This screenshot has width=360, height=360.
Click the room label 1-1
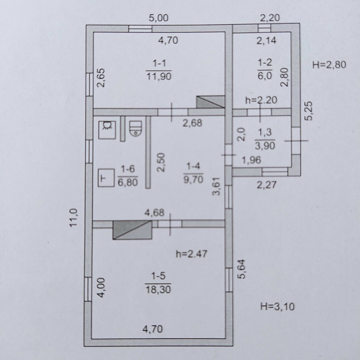[159, 63]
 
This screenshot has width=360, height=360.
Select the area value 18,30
[158, 289]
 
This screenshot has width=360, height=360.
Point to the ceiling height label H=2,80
[329, 65]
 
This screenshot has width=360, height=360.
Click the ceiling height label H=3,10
[277, 306]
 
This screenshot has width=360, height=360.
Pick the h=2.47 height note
[192, 254]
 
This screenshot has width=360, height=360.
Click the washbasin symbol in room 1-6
[107, 130]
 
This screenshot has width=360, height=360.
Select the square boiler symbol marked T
[106, 178]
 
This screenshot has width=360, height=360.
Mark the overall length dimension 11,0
[74, 218]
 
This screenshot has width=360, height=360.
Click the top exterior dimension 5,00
[158, 18]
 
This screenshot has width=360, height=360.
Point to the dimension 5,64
[242, 269]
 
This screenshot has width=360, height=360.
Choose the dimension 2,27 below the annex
[266, 185]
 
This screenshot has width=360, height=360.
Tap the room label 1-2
[265, 62]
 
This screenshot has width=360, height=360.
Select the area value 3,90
[265, 146]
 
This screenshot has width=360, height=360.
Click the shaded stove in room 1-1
[210, 102]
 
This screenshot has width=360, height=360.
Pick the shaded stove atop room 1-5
[132, 230]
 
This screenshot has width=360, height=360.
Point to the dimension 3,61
[216, 186]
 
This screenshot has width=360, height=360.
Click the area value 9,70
[193, 179]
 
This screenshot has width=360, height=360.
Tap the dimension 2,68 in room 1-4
[192, 123]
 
